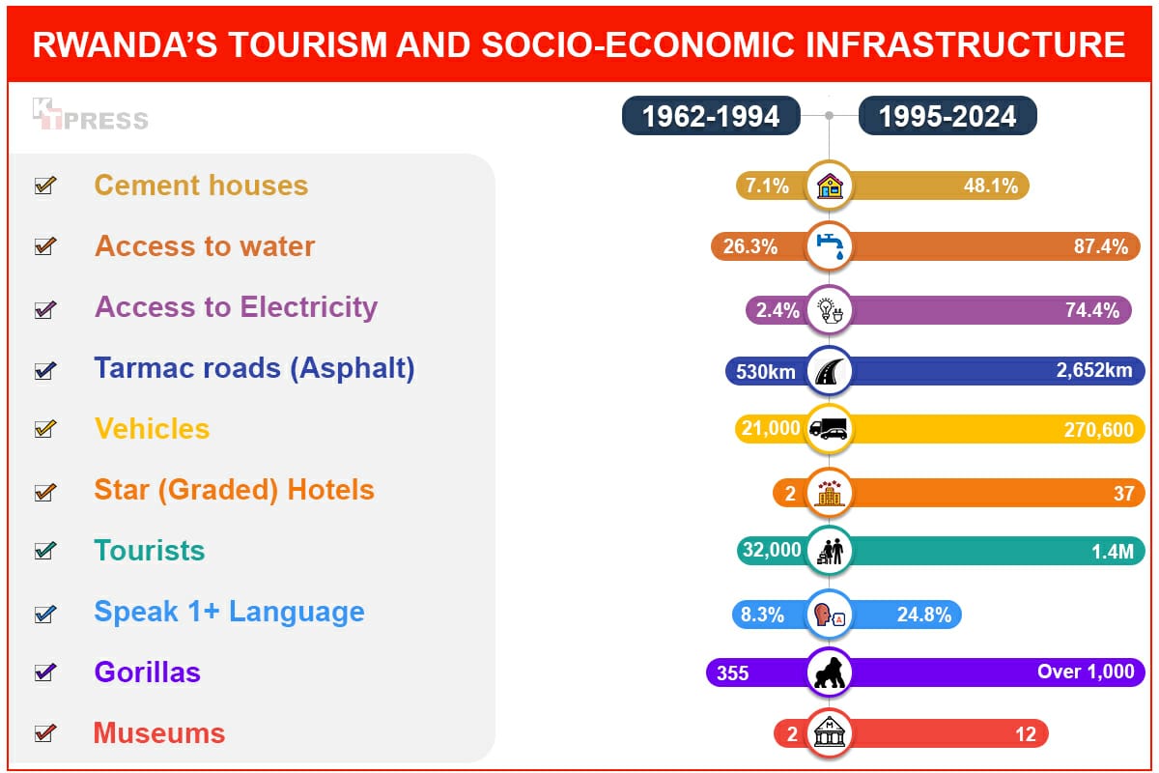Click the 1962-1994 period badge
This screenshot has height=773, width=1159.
point(711,117)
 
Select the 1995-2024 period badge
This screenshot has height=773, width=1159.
point(947,117)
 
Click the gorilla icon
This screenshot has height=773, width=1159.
point(830,673)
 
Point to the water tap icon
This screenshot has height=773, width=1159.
point(830,246)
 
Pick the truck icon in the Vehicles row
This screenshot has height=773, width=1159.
point(829,429)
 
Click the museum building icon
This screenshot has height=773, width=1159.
point(830,733)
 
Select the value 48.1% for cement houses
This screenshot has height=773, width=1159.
point(991,186)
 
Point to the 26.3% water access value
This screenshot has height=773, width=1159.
point(750,246)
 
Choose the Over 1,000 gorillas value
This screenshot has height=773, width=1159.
point(1086,673)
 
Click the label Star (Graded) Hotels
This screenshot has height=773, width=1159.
point(234,490)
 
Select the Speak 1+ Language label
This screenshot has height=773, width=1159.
point(229,612)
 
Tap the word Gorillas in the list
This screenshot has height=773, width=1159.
point(147,673)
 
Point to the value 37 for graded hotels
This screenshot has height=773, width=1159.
point(1123,493)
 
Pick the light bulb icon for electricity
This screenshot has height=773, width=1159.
point(830,309)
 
